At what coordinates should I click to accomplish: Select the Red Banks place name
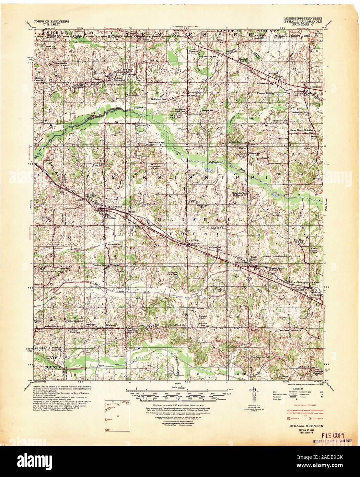(x=253, y=258)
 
